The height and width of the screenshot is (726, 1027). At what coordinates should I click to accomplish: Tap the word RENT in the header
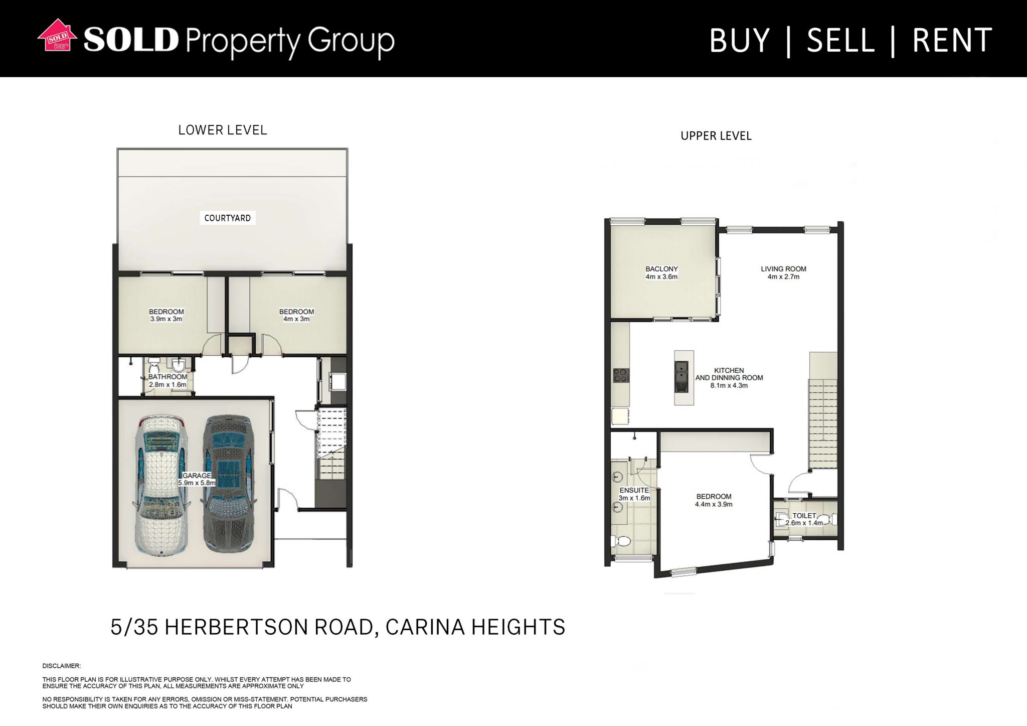click(x=952, y=41)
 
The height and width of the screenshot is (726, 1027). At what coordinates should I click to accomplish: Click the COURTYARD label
click(x=228, y=218)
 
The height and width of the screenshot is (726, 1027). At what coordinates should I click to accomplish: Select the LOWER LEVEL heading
click(x=223, y=130)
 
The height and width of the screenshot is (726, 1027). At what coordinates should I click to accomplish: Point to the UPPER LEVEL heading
click(x=716, y=136)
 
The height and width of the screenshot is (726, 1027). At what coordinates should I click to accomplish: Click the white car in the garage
click(x=160, y=484)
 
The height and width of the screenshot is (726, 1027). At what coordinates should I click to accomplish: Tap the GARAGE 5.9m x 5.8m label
click(x=197, y=479)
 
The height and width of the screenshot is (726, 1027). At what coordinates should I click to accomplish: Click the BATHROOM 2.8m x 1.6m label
click(x=167, y=381)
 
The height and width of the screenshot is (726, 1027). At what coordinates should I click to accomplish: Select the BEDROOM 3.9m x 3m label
click(x=166, y=315)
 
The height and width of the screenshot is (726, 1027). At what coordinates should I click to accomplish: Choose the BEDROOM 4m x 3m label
click(x=296, y=315)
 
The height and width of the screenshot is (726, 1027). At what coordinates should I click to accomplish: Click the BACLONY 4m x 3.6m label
click(x=661, y=273)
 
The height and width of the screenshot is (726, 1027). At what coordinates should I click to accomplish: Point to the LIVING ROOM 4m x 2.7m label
click(x=783, y=273)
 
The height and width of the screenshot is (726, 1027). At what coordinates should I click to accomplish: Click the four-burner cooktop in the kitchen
click(x=621, y=375)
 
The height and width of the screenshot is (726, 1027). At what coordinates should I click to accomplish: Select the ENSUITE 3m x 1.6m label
click(x=634, y=494)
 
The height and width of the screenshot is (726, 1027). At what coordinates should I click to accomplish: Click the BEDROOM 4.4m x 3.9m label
click(x=714, y=500)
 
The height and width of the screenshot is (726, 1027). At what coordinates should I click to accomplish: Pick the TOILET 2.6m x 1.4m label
click(x=804, y=519)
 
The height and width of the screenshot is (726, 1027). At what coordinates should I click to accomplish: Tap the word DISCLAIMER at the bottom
click(x=62, y=666)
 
